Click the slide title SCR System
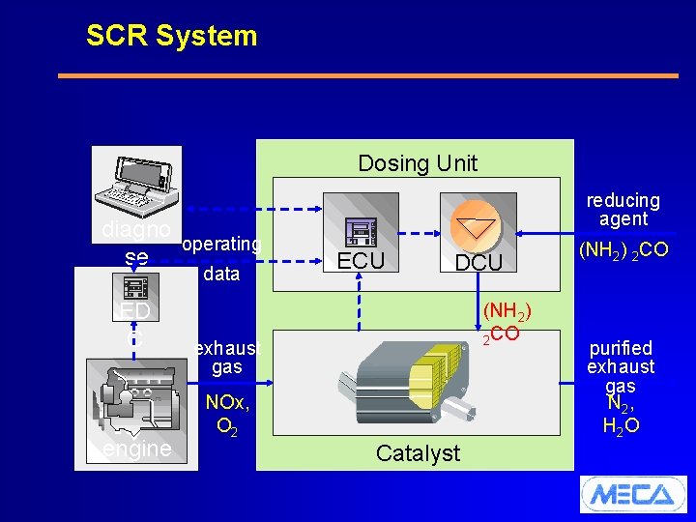tap(171, 36)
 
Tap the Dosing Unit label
tap(417, 163)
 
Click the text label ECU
tap(362, 261)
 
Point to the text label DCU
tap(478, 263)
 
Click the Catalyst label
tap(418, 452)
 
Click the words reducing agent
tap(623, 210)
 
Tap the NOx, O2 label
tap(229, 413)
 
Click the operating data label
tap(221, 259)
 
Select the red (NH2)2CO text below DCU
tap(504, 322)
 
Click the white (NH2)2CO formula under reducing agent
tap(623, 249)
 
